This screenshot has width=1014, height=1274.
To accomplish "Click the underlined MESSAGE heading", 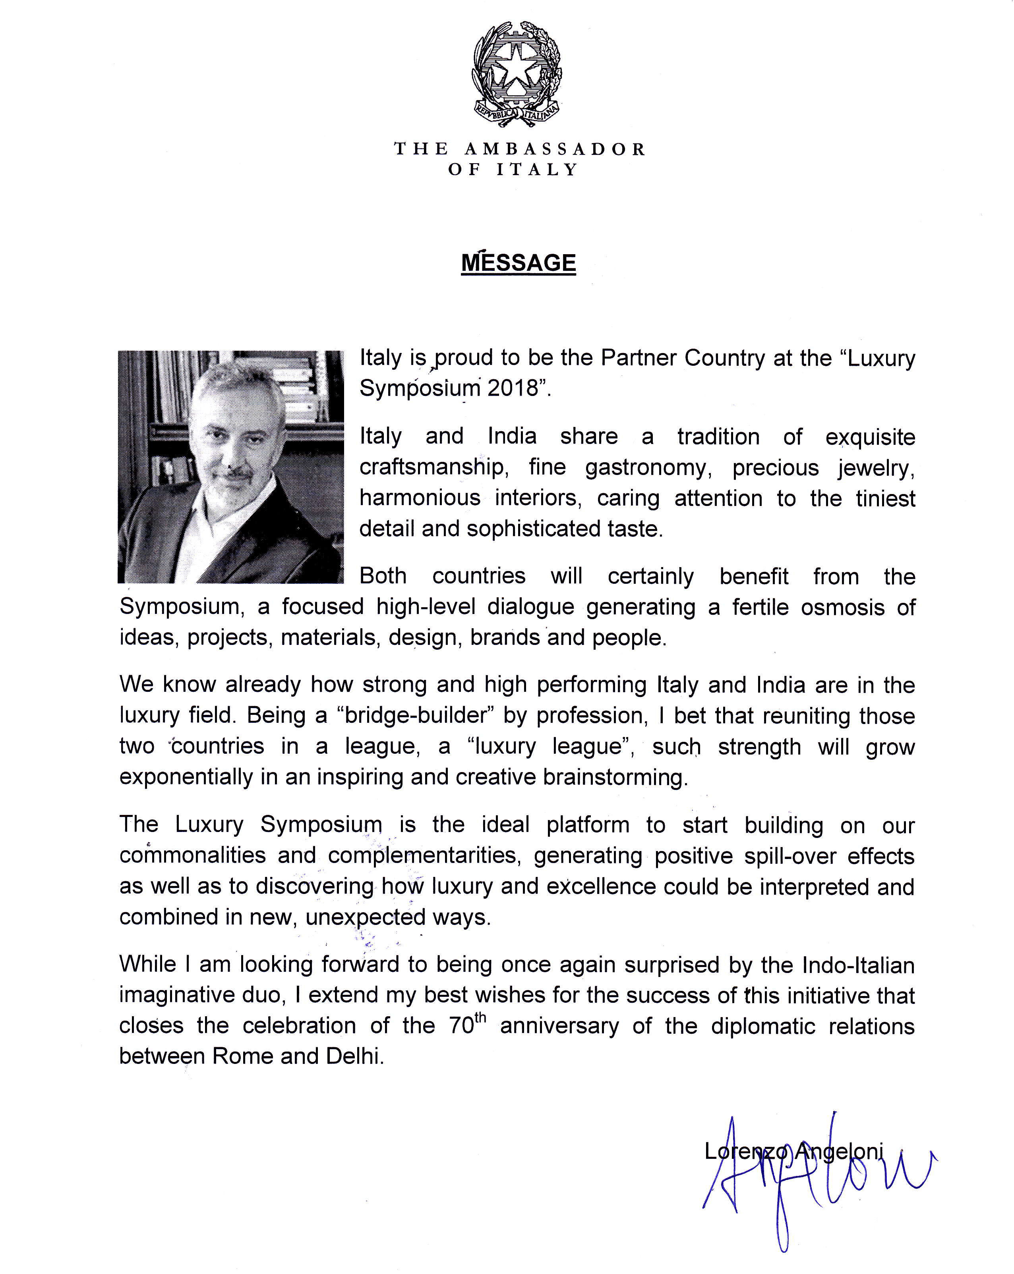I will (518, 263).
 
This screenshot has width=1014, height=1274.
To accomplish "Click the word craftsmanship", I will (432, 467).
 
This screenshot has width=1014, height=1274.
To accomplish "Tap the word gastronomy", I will (646, 468).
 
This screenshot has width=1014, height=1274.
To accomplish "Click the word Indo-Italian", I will (858, 965).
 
